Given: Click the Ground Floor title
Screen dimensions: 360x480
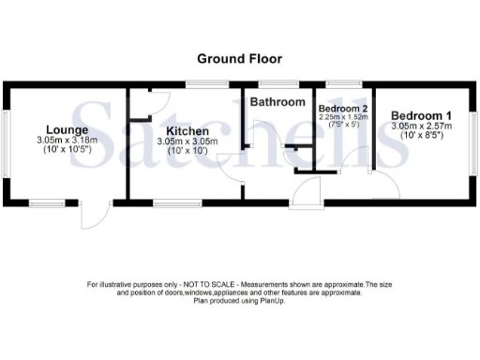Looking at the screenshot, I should [239, 58].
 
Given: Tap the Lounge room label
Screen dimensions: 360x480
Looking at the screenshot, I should [68, 129].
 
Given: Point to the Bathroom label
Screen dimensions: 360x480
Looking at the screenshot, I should [277, 101].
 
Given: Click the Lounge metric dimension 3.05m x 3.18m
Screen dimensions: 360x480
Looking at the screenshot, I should [68, 141].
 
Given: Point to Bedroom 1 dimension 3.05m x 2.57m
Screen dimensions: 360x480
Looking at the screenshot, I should [422, 125].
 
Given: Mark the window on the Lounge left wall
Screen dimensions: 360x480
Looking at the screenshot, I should [5, 142].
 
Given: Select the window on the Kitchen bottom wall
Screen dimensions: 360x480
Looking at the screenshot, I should [171, 202].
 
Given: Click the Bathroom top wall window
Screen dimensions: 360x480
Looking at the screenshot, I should [278, 83].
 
